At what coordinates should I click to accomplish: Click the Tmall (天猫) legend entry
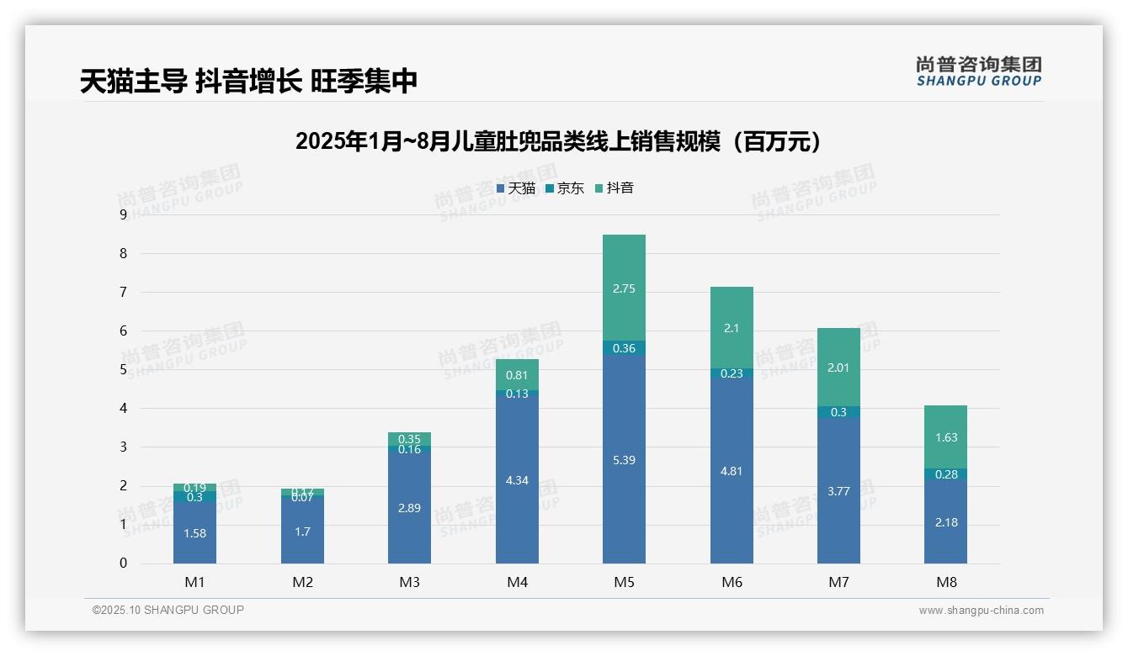pos(516,188)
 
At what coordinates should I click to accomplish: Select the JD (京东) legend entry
pos(565,188)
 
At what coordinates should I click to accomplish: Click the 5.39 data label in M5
pos(624,460)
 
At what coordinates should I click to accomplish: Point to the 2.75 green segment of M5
pos(624,288)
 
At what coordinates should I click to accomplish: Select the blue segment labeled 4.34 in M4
pos(517,480)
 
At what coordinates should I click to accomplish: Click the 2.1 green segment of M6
pos(732,328)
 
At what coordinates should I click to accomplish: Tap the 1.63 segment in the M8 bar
pos(945,437)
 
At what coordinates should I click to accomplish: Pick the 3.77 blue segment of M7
pos(838,491)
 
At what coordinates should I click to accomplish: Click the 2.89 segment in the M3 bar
pos(409,509)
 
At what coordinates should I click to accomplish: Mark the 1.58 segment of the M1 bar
pos(194,533)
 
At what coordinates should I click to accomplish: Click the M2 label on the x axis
pos(302,582)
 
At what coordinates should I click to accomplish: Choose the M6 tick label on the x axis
pos(732,582)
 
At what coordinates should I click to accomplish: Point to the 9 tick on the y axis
pos(124,214)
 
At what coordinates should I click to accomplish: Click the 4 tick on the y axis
pos(124,409)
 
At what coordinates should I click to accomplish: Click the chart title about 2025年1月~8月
pos(557,141)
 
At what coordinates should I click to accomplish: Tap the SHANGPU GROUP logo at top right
pos(978,71)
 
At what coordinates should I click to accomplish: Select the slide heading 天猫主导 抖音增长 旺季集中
pos(249,82)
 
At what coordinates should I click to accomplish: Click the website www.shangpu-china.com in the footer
pos(981,611)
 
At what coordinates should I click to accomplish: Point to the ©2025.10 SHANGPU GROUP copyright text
pos(168,610)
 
